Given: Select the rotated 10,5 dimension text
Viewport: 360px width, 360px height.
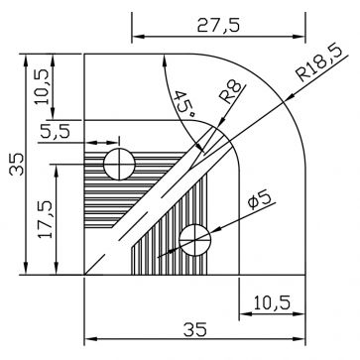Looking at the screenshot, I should pos(41,87).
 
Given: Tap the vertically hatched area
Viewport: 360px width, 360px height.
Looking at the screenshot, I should pos(159,248).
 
